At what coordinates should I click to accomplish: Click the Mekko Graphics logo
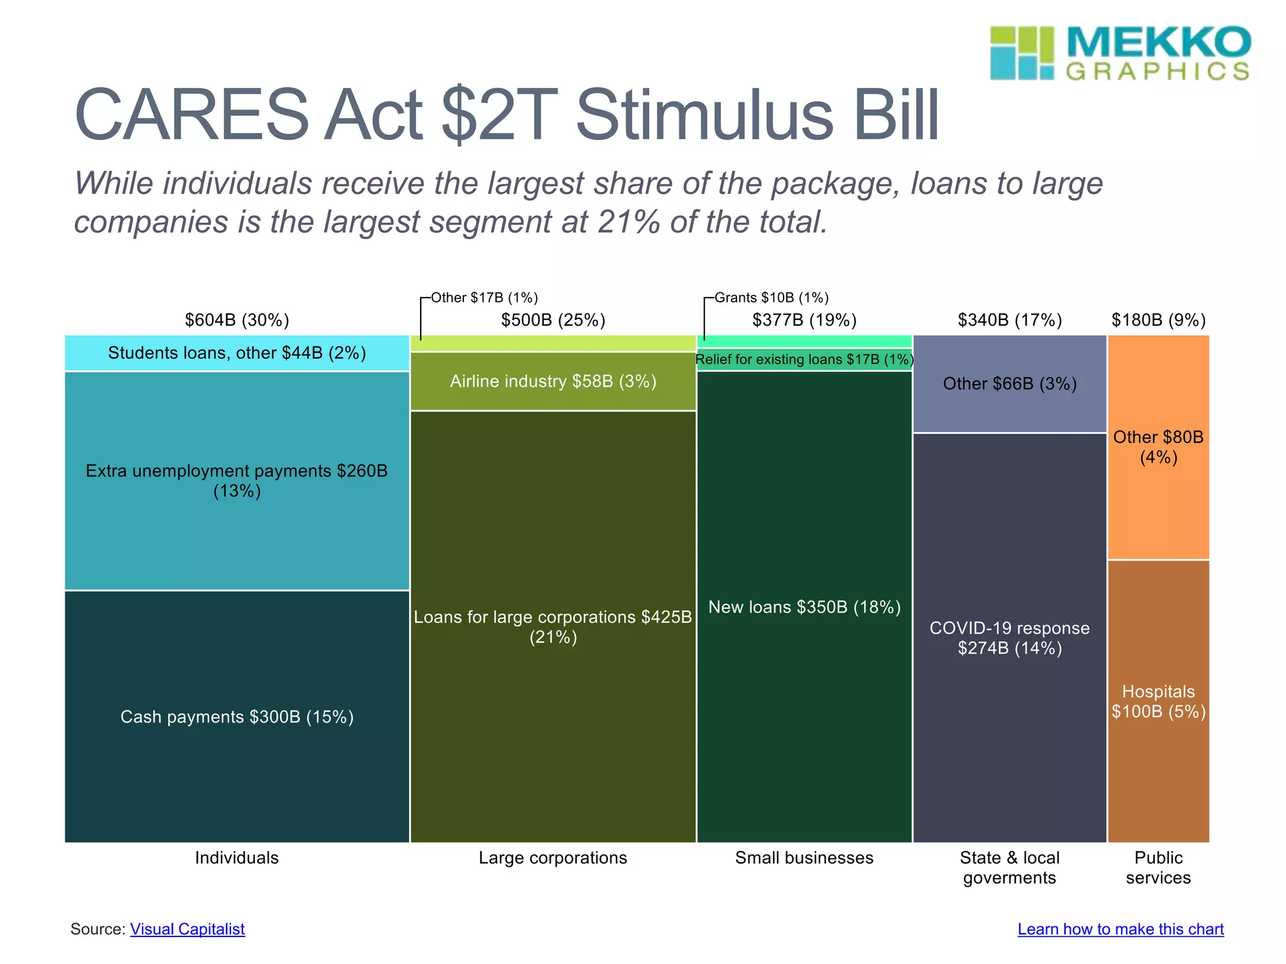(1120, 53)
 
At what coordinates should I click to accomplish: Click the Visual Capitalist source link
(187, 929)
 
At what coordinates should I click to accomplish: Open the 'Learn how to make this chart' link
(1120, 929)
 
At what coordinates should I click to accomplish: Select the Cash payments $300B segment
(237, 717)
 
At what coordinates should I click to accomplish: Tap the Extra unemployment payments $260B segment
(237, 481)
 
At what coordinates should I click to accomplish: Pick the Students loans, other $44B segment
(237, 353)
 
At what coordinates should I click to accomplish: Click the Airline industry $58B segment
(553, 381)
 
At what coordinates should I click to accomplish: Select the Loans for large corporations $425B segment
(553, 626)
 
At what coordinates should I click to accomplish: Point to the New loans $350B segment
(804, 607)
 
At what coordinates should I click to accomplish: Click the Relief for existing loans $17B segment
(804, 360)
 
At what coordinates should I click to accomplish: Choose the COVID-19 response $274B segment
(1009, 638)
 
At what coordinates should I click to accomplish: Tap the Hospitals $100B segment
(1159, 701)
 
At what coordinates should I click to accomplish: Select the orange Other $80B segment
(1159, 447)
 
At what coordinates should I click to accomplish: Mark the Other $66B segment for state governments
(1009, 383)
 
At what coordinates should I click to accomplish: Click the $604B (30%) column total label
(237, 320)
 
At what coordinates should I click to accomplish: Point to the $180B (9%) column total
(1159, 320)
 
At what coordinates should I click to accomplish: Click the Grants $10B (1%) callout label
(771, 297)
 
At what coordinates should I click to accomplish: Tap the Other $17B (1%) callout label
(484, 297)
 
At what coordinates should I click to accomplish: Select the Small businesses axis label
(804, 858)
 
